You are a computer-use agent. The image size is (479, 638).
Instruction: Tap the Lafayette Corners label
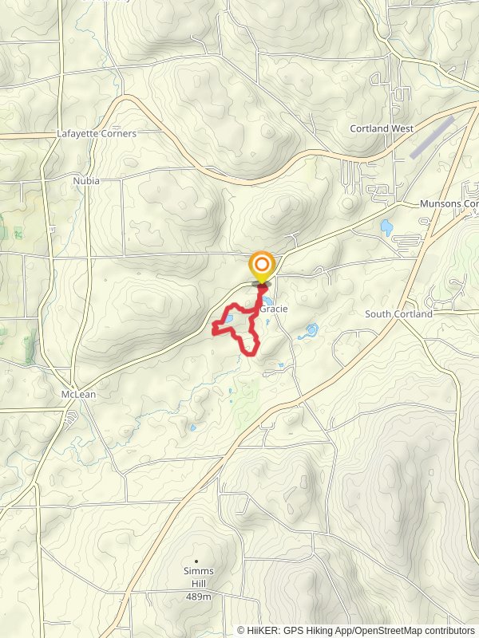(97, 134)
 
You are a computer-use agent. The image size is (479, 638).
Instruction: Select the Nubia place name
(86, 181)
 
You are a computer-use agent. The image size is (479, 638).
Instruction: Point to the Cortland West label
(381, 128)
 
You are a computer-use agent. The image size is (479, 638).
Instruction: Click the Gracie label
(273, 309)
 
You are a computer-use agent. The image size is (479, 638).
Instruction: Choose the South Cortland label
(398, 314)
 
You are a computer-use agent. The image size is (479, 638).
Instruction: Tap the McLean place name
(78, 395)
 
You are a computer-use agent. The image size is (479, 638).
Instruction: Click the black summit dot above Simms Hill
(196, 561)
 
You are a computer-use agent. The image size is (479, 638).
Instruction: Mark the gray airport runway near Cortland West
(431, 137)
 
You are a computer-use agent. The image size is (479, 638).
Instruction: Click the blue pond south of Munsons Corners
(387, 227)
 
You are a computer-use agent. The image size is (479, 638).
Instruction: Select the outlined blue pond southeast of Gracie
(309, 330)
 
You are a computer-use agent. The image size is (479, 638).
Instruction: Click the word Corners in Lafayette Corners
(118, 134)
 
